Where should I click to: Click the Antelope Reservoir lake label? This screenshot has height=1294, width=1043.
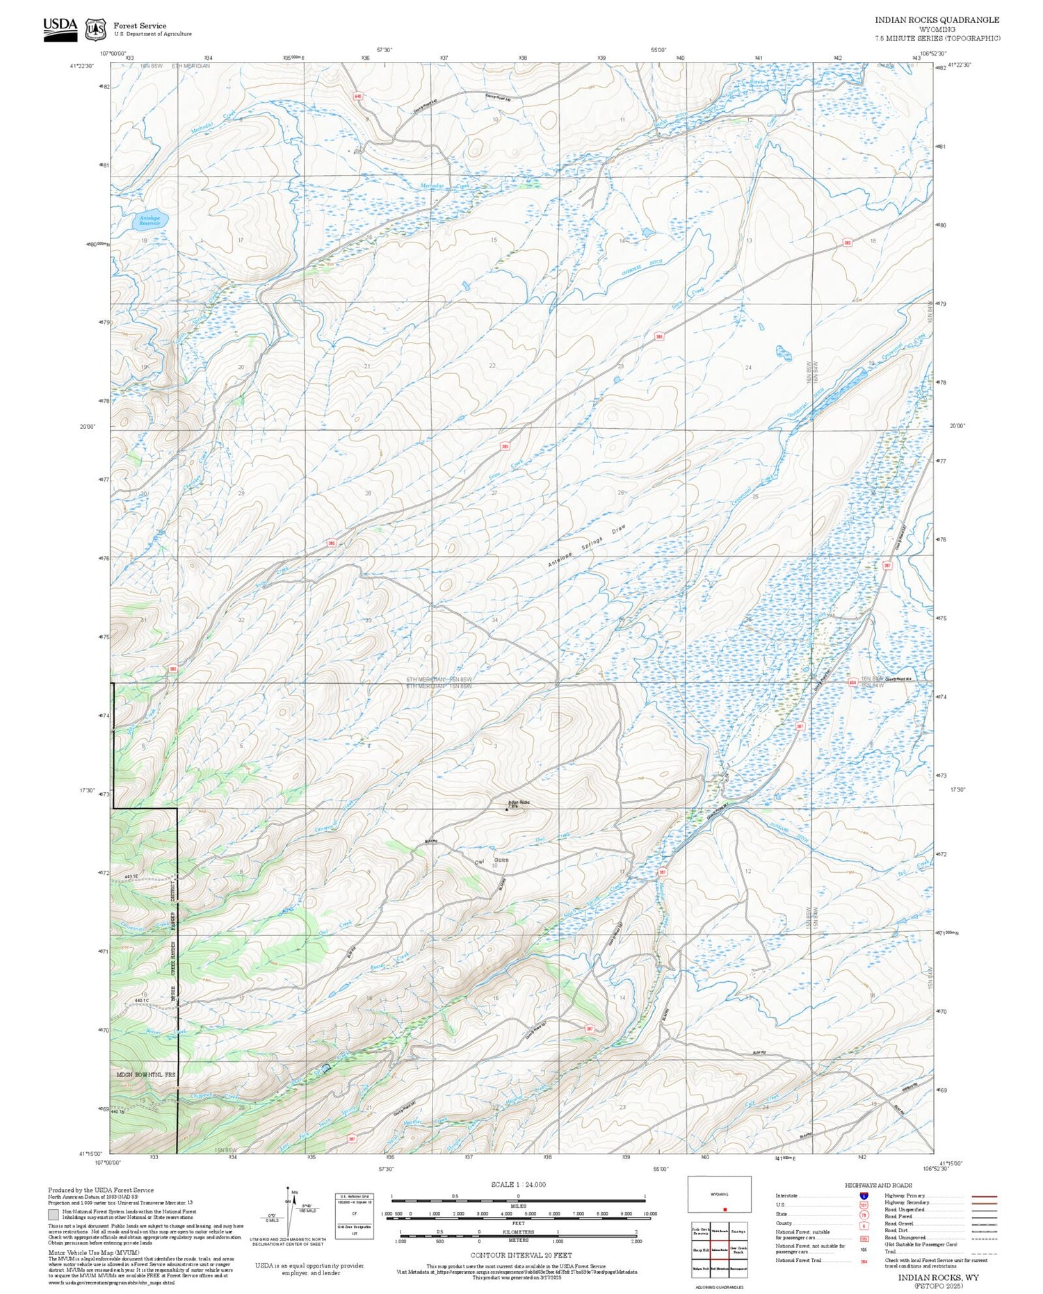point(149,220)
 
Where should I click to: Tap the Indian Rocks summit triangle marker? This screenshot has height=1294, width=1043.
point(507,808)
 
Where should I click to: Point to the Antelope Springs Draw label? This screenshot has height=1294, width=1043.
point(586,547)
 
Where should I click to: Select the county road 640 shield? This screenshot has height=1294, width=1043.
point(358,97)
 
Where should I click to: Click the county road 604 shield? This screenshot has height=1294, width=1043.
point(852,682)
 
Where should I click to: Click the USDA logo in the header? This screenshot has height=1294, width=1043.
point(60,28)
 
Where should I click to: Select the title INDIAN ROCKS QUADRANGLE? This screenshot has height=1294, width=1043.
point(937,20)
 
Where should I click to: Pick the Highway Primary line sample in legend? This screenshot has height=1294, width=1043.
point(983,1196)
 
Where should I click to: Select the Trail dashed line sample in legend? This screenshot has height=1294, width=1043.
point(983,1252)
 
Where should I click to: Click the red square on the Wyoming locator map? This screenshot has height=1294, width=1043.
point(725,1209)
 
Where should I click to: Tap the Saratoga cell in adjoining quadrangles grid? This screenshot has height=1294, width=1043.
point(738,1231)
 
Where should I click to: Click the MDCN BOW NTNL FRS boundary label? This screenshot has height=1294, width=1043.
point(146,1075)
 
